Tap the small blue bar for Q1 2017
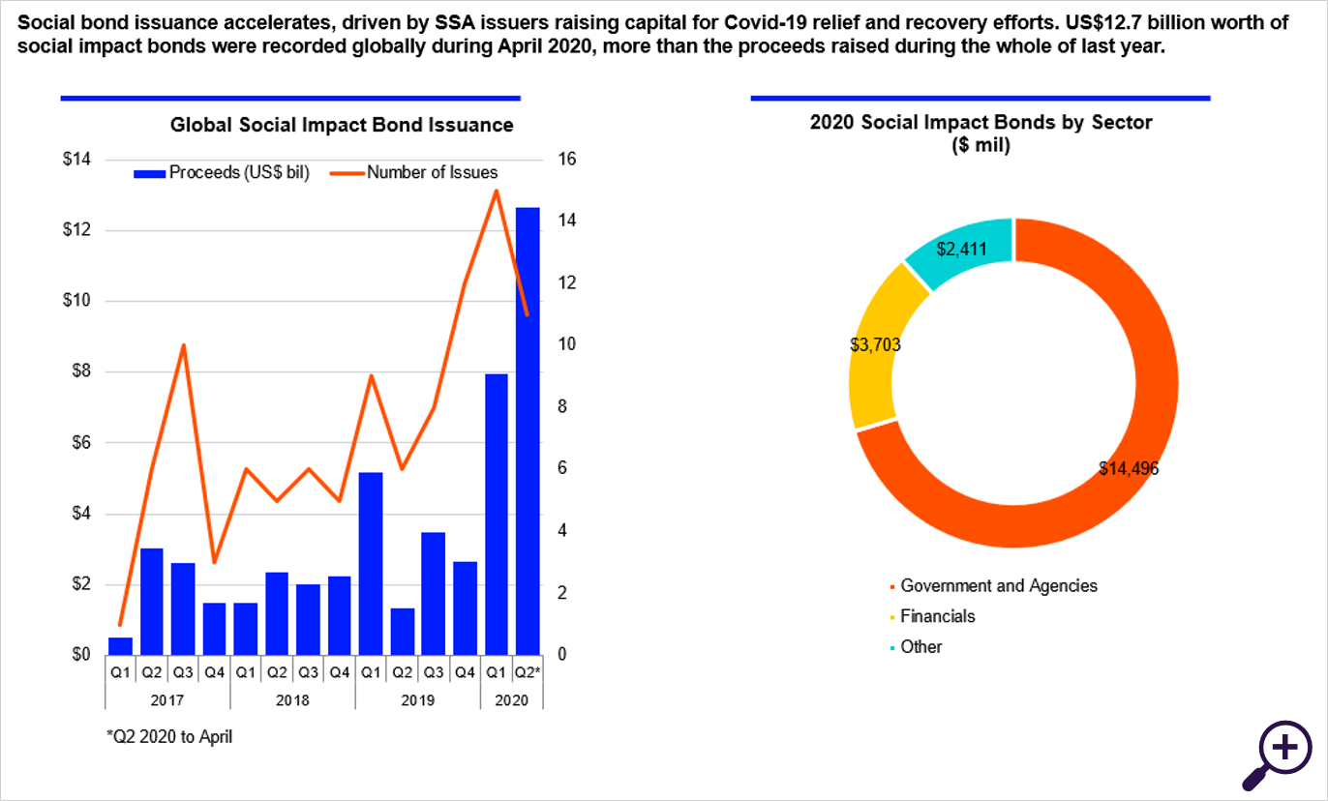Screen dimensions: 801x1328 click(x=120, y=645)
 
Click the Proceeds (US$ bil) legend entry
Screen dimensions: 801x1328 click(x=222, y=173)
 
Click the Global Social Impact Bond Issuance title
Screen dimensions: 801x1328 click(x=342, y=125)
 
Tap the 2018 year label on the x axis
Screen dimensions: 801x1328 click(x=292, y=699)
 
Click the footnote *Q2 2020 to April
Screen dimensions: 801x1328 click(x=169, y=736)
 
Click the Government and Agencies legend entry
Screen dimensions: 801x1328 click(x=998, y=585)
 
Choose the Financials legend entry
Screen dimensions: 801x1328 click(x=937, y=616)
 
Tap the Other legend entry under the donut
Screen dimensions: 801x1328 click(x=921, y=647)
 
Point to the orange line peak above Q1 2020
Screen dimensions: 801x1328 click(x=497, y=191)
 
